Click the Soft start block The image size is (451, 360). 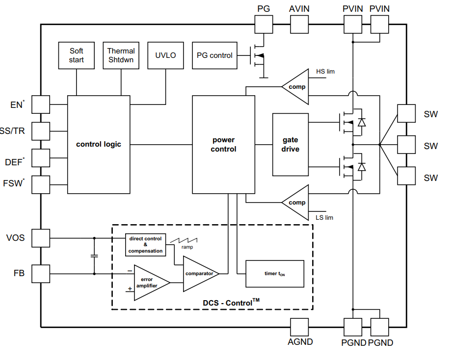click(76, 55)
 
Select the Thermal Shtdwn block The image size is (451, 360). click(121, 55)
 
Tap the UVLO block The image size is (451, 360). click(165, 55)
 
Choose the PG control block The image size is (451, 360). click(214, 55)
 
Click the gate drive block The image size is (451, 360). click(291, 145)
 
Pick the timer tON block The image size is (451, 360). click(275, 274)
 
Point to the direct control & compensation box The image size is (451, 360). click(146, 245)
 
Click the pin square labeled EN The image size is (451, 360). click(41, 104)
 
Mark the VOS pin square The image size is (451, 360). click(41, 238)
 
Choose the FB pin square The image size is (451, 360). click(41, 274)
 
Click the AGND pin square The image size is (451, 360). click(299, 327)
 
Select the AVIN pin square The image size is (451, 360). click(299, 25)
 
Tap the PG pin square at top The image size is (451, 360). click(264, 25)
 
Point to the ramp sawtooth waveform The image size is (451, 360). click(184, 240)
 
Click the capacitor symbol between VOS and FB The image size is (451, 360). click(94, 256)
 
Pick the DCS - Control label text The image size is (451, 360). click(231, 303)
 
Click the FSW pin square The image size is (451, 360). click(41, 184)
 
